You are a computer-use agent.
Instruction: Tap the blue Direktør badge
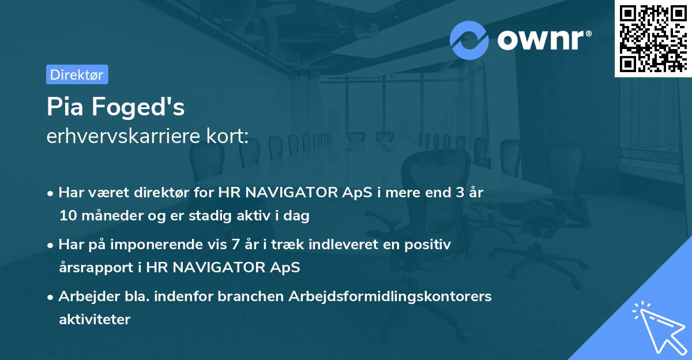point(77,74)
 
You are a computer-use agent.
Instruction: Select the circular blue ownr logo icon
point(469,40)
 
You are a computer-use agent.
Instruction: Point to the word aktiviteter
point(95,319)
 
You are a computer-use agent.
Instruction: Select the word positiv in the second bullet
point(430,245)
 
